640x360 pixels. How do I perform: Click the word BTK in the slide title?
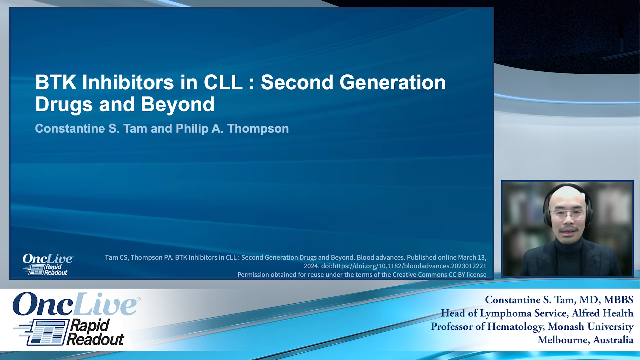(55, 82)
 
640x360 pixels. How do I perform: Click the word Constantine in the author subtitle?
(70, 129)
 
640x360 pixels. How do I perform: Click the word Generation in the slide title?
(392, 82)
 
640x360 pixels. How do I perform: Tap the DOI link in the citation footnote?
(403, 266)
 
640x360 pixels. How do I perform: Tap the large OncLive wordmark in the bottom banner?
(74, 304)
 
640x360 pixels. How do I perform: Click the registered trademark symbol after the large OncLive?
(139, 299)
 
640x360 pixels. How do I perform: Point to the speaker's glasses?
(568, 214)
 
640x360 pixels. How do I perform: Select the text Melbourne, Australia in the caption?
(585, 340)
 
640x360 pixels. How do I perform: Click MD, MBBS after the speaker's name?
(606, 300)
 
